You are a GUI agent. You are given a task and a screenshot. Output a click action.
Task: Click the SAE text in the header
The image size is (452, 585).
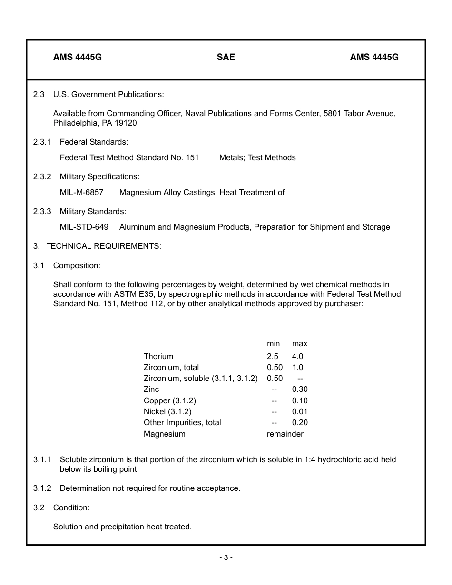[226, 57]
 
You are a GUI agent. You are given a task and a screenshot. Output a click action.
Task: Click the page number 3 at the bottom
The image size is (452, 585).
[226, 557]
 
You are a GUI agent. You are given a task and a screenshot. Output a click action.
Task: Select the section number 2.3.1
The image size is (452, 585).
[42, 142]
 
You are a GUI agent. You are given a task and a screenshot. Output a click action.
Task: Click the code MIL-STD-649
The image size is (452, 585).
[84, 227]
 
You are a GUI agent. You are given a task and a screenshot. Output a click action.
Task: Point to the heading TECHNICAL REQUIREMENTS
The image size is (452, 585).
[104, 246]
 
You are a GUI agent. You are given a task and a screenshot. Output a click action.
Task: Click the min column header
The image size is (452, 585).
[273, 343]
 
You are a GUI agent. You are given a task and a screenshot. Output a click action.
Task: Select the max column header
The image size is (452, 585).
[300, 343]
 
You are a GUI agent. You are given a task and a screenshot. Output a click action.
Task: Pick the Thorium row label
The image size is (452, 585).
[158, 356]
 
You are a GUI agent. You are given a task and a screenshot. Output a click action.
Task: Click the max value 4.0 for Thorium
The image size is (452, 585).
[297, 356]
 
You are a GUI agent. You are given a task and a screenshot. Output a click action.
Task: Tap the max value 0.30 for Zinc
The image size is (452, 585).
[300, 389]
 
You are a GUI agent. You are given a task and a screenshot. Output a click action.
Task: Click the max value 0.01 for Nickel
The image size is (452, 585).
[300, 411]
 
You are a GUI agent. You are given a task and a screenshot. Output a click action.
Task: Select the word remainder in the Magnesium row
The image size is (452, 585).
[285, 434]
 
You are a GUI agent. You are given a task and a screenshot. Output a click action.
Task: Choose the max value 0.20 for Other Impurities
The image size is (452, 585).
[300, 422]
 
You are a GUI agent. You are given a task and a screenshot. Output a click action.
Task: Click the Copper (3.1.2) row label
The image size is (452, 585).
[170, 400]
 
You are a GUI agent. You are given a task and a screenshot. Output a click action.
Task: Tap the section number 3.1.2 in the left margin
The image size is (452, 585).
[42, 488]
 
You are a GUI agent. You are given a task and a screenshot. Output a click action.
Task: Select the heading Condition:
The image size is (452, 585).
[71, 507]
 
